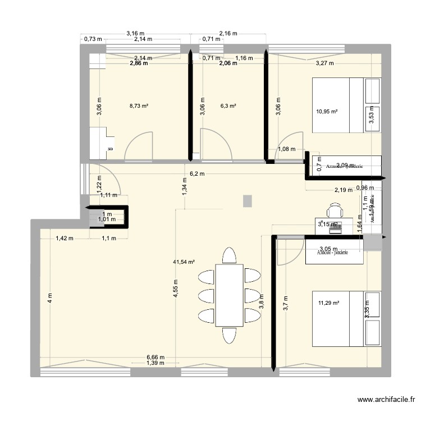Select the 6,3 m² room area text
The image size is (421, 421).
228,105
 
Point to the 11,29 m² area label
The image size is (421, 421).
329,304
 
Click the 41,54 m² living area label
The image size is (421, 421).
184,262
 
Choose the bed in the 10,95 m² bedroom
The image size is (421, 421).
347,105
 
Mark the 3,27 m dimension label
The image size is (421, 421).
324,63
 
